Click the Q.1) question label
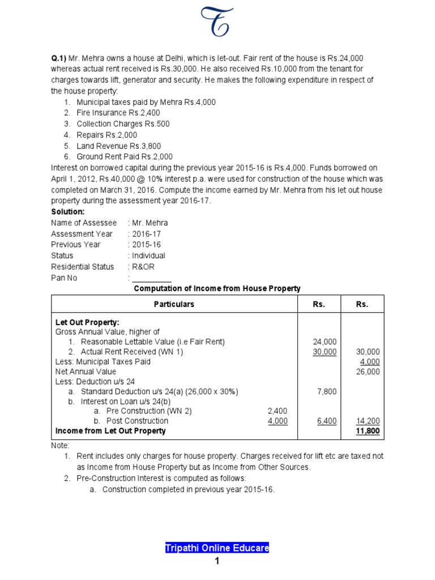(59, 58)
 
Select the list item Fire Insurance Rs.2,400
(115, 113)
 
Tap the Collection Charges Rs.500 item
(123, 124)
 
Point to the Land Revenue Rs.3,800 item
(118, 146)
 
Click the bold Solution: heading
(67, 212)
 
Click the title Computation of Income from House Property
(217, 289)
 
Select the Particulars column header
(174, 304)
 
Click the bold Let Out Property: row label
(87, 322)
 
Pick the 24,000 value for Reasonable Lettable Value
(325, 342)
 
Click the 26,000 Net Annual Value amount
(368, 372)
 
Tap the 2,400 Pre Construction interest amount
(278, 411)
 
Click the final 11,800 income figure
(368, 431)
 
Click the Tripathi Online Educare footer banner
(217, 548)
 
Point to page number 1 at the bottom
(217, 562)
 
